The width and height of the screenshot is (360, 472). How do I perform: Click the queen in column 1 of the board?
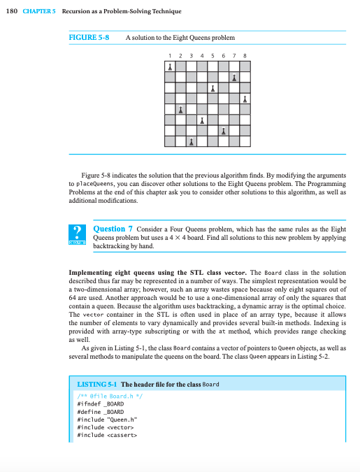pos(171,67)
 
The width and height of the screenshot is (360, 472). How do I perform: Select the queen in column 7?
pos(234,77)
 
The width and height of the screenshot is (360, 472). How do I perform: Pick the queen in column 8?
pos(245,99)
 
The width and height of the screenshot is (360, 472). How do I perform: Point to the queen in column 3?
pos(192,142)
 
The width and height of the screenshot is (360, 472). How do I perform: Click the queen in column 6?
pos(224,131)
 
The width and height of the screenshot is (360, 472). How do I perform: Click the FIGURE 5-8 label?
pos(90,37)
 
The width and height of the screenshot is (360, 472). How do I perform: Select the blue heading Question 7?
pos(109,229)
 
